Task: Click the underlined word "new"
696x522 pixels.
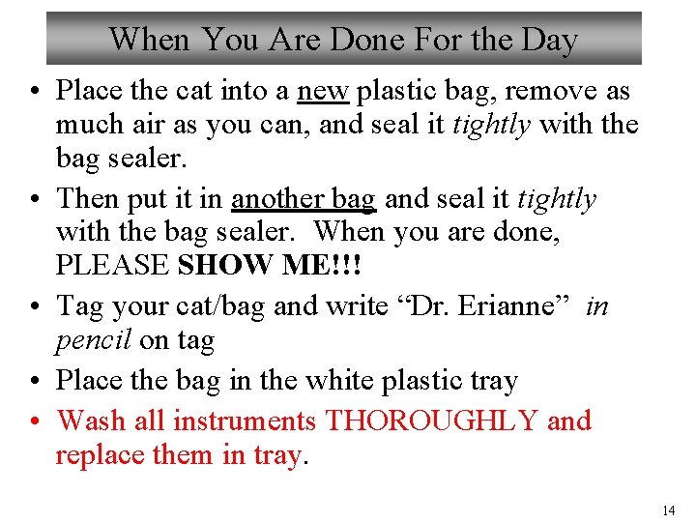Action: [x=324, y=91]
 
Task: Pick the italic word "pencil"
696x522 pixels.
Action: [x=94, y=340]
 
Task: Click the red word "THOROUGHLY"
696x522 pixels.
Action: [x=432, y=421]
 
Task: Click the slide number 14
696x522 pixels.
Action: [x=669, y=509]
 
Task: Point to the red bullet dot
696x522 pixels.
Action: [x=35, y=422]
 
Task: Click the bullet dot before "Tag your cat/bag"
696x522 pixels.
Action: [x=35, y=307]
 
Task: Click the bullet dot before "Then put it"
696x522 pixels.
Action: [x=35, y=200]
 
